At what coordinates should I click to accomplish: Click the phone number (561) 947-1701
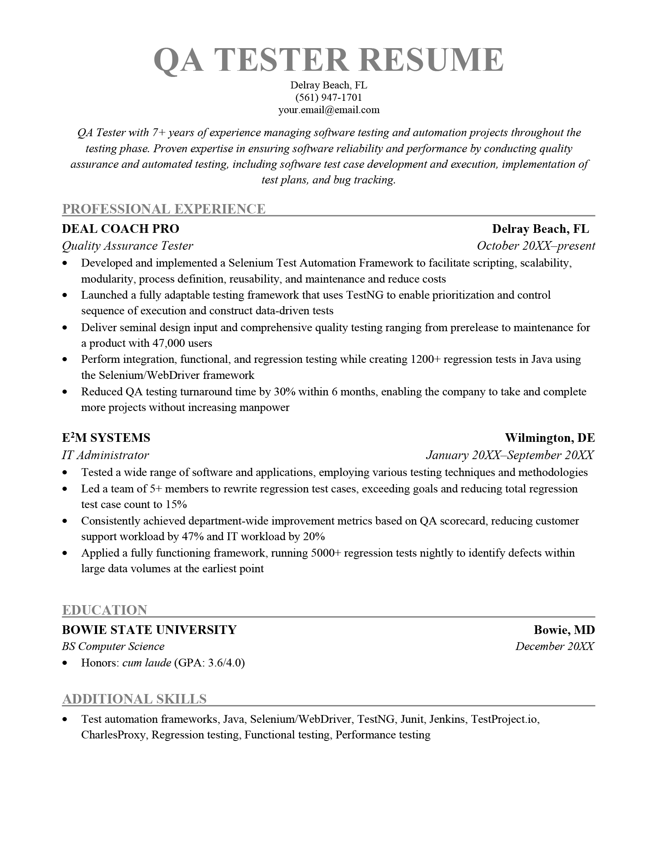click(329, 98)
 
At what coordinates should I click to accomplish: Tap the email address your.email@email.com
click(329, 110)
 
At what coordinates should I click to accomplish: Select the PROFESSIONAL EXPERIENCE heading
click(164, 209)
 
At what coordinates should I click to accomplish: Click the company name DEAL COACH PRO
click(120, 229)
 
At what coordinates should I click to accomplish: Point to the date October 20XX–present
click(535, 246)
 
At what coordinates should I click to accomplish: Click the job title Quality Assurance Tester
click(127, 246)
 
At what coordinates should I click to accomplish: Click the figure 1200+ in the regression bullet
click(425, 359)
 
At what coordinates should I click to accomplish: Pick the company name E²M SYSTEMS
click(106, 438)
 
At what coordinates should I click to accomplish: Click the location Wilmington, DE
click(549, 438)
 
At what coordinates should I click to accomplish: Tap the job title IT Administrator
click(105, 455)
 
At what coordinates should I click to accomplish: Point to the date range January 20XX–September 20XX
click(510, 455)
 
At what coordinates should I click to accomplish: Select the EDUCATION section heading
click(104, 610)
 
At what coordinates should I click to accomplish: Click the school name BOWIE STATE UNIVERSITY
click(149, 630)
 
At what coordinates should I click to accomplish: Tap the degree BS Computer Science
click(113, 646)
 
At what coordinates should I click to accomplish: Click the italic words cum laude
click(146, 663)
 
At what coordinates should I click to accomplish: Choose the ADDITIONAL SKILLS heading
click(134, 699)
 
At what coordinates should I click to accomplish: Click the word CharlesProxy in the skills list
click(113, 735)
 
